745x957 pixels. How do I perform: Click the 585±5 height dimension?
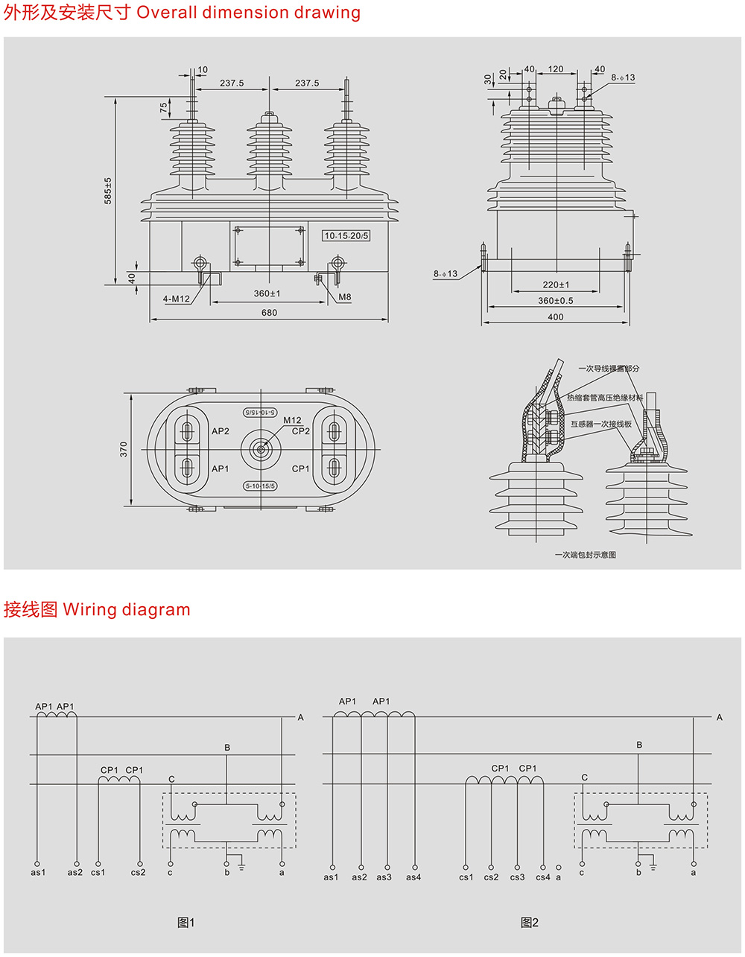[x=108, y=191]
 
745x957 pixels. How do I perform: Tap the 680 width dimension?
[x=269, y=313]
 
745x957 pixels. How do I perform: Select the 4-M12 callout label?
[x=177, y=299]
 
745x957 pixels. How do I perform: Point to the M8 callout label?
[x=344, y=297]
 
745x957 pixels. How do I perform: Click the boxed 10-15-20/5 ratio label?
[x=346, y=236]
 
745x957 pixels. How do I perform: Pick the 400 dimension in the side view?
[x=555, y=317]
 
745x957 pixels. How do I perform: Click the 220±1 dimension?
[x=556, y=284]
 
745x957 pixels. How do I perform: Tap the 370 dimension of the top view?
[x=124, y=449]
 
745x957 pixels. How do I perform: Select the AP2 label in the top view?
[x=221, y=431]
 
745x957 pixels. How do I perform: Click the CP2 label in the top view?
[x=301, y=431]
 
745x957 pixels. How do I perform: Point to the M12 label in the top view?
[x=292, y=421]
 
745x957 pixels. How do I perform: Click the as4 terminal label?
[x=413, y=877]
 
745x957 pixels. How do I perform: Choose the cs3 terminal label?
[x=517, y=877]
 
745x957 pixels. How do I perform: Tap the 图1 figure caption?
[x=186, y=923]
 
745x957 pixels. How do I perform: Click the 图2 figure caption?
[x=529, y=923]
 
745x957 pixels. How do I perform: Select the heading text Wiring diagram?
[x=127, y=610]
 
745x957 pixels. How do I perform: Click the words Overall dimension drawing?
[x=248, y=13]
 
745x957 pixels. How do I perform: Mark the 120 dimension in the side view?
[x=556, y=69]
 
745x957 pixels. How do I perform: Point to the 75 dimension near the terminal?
[x=164, y=108]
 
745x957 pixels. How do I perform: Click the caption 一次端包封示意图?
[x=585, y=555]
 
